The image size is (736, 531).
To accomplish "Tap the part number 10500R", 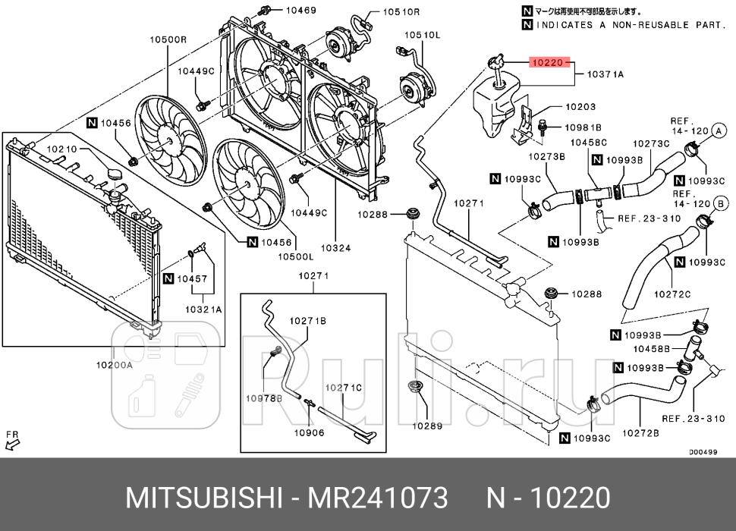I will pos(168,39).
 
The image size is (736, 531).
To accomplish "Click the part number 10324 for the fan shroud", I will pos(335,247).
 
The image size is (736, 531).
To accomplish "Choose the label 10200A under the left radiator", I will pos(114,365).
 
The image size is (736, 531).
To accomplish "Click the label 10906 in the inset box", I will pos(309,433).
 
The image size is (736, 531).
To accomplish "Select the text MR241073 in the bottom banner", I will pos(376,498).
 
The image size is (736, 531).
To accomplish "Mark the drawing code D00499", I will pos(703,451).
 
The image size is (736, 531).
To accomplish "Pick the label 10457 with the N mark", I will pos(192,279).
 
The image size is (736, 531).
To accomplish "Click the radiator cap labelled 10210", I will pos(115,177).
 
